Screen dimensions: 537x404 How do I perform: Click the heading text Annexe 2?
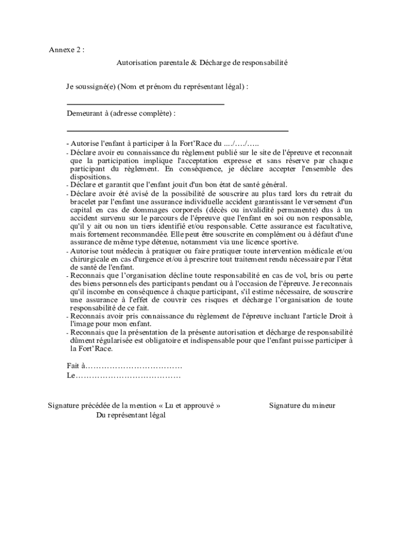66,50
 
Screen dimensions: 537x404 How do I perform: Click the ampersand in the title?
194,62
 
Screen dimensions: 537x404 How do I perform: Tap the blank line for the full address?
177,130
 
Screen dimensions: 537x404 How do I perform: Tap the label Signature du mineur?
302,405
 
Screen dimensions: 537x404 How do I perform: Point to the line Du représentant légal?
131,415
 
